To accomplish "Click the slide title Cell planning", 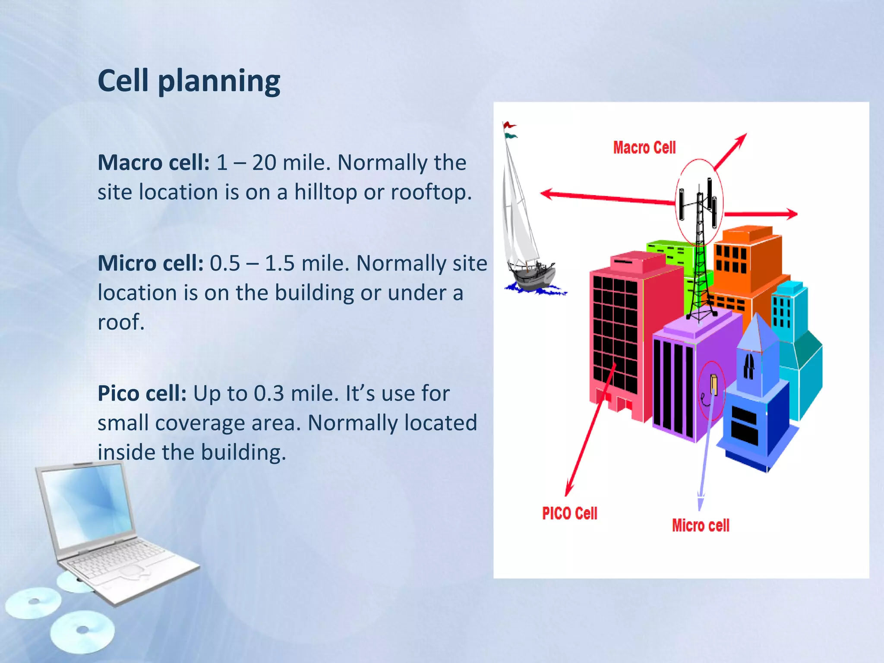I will point(189,81).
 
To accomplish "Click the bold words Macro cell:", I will point(153,163).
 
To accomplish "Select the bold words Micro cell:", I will point(150,263).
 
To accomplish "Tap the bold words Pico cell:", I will point(142,394).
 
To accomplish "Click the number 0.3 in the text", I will point(268,394).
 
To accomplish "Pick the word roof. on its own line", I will point(121,322).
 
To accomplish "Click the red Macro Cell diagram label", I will point(644,148).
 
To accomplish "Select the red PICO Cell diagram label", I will point(569,513).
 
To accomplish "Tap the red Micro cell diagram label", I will point(700,525).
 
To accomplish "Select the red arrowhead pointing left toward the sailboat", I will point(546,194).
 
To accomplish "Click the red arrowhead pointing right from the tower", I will point(791,214).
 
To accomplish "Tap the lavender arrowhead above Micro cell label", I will point(700,503).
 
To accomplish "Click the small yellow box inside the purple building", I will point(714,384).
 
